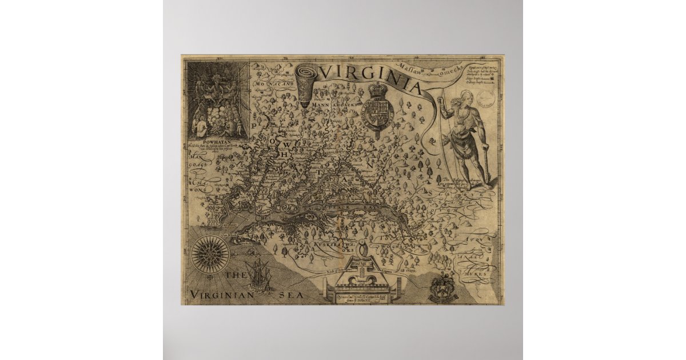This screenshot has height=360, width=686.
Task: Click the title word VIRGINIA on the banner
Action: click(372, 76)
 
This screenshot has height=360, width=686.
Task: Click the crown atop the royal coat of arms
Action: click(377, 90)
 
